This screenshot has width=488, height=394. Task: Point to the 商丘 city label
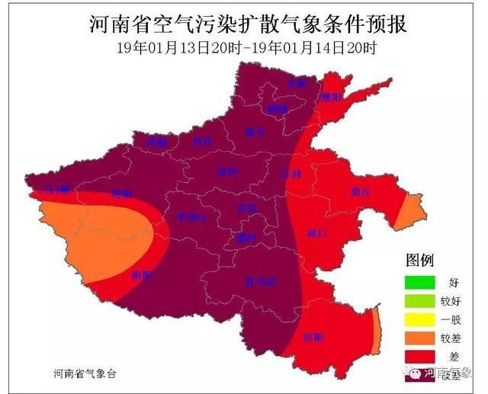click(360, 192)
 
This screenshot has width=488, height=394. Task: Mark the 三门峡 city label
click(58, 188)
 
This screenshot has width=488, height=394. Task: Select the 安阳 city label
click(296, 82)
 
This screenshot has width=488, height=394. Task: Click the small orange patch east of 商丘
click(408, 210)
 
